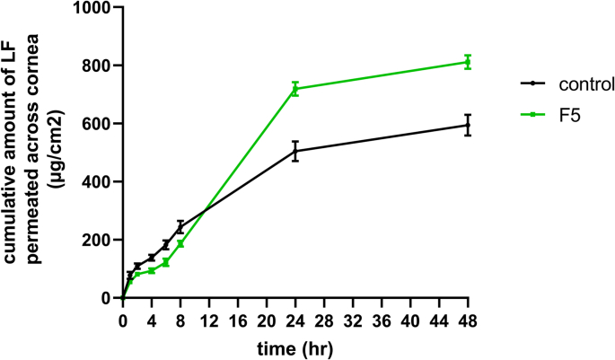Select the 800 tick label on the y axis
pyautogui.click(x=101, y=66)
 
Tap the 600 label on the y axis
pyautogui.click(x=101, y=124)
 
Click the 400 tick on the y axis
pyautogui.click(x=101, y=181)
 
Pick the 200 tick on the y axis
pyautogui.click(x=101, y=240)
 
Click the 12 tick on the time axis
pyautogui.click(x=208, y=316)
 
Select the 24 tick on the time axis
pyautogui.click(x=294, y=316)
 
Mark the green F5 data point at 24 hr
pyautogui.click(x=294, y=89)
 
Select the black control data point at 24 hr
pyautogui.click(x=294, y=151)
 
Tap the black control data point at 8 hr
pyautogui.click(x=180, y=227)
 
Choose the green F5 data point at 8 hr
pyautogui.click(x=180, y=243)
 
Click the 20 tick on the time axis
pyautogui.click(x=266, y=316)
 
